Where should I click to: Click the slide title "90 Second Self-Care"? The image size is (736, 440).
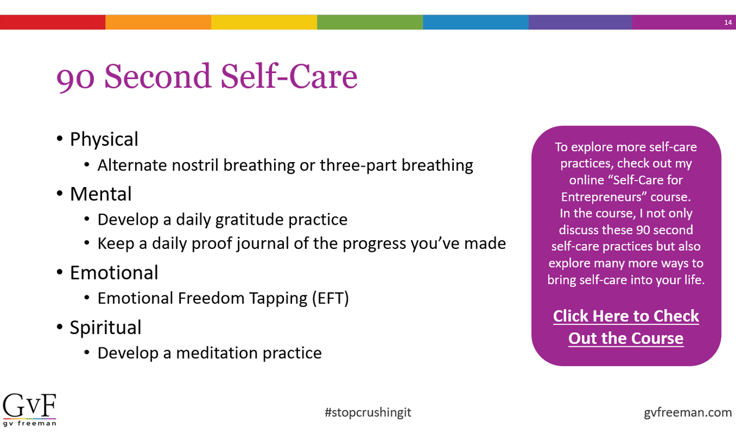coord(206,77)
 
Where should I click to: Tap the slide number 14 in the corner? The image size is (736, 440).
coord(728,23)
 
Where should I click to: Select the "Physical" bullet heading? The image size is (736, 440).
coord(104,140)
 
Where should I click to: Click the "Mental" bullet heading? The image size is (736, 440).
coord(100,194)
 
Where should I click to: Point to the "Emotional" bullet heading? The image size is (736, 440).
coord(114,273)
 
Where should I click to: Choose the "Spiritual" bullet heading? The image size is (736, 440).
coord(105,327)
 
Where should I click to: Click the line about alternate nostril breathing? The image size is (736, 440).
coord(285,166)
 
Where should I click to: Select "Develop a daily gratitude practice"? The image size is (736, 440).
coord(222,220)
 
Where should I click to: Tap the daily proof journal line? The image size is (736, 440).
coord(301,243)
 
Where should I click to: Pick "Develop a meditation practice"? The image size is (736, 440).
coord(209,353)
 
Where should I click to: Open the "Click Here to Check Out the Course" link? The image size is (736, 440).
coord(626,327)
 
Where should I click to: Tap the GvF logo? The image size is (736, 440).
coord(30,409)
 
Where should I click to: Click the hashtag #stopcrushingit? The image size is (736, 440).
coord(368,412)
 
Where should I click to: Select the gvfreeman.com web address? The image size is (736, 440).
coord(688,412)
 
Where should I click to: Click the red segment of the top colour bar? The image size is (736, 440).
coord(53,23)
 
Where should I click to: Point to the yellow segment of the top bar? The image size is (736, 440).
coord(264,23)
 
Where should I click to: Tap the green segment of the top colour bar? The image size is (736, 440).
coord(370,23)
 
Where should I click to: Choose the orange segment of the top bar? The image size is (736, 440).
coord(158,23)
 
